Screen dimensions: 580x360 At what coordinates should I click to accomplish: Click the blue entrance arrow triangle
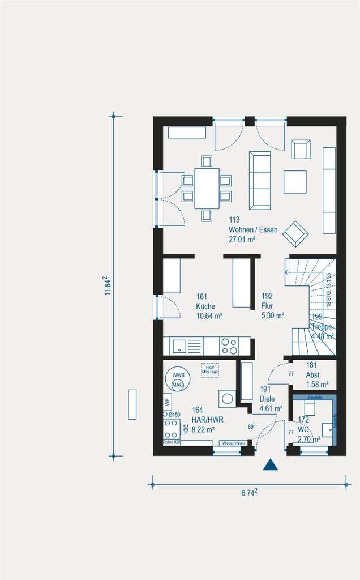coord(271,465)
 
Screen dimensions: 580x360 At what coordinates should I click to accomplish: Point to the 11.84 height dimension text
coord(106,287)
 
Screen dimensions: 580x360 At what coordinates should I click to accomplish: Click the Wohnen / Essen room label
coord(253,229)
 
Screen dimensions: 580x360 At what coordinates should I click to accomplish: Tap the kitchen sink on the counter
coord(179,346)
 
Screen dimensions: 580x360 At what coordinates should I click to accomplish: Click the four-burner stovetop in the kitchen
coord(229,346)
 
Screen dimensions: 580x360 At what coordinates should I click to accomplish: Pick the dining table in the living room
coord(207,188)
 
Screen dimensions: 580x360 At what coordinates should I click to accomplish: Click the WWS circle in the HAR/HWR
coord(178,375)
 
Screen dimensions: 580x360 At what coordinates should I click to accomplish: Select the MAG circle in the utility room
coord(178,385)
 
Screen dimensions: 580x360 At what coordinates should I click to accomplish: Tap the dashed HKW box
coord(209,369)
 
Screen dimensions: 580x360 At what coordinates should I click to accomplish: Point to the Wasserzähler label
coord(233,443)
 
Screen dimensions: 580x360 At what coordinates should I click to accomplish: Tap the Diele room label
coord(267,399)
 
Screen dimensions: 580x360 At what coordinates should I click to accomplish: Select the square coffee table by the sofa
coord(295,182)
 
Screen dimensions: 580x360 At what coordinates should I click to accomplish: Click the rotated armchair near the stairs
coord(295,233)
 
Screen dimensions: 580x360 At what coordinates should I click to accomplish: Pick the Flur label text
coord(267,306)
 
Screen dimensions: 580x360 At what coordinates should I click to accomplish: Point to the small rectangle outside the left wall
coord(132,404)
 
